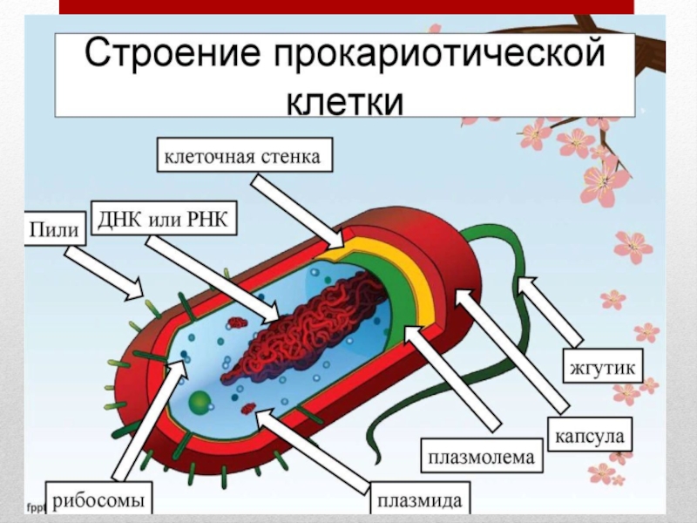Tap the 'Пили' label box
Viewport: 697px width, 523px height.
[55, 230]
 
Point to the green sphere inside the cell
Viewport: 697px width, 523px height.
[200, 402]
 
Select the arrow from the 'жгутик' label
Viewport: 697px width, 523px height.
[550, 310]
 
